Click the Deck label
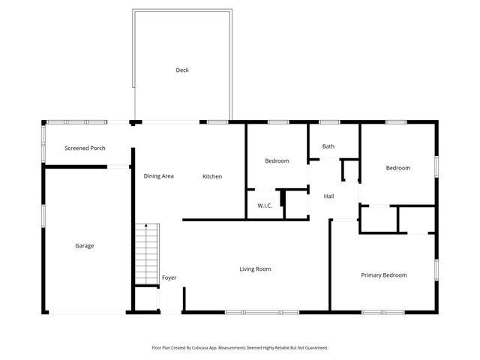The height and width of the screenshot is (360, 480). click(x=182, y=70)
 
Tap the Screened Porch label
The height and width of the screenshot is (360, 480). click(x=85, y=148)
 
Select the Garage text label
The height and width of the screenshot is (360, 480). click(x=84, y=246)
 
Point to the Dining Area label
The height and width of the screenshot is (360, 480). click(x=159, y=176)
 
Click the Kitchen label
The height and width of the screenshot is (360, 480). click(x=212, y=176)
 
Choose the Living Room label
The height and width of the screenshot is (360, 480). click(x=255, y=269)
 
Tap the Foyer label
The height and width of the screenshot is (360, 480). click(x=169, y=278)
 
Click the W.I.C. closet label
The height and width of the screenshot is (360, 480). click(x=265, y=205)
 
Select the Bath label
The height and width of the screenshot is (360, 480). click(x=328, y=146)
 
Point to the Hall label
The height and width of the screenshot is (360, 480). click(x=328, y=196)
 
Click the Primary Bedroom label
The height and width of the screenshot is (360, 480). click(x=383, y=275)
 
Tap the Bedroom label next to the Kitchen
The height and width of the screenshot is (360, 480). click(x=277, y=161)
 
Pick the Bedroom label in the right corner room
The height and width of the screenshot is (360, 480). click(x=398, y=168)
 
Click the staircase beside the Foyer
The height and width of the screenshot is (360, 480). click(x=146, y=255)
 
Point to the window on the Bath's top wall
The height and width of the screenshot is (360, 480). click(x=328, y=121)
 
